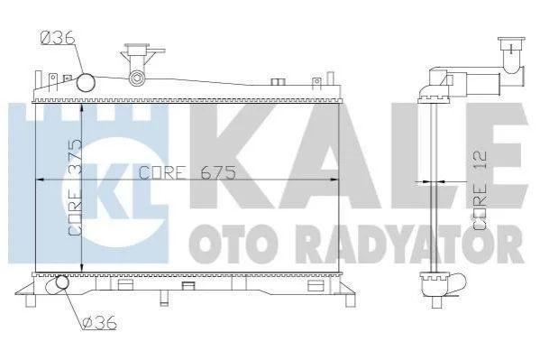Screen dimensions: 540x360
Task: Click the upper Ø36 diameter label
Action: [x=58, y=38]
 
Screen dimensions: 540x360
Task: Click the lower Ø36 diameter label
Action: [x=100, y=323]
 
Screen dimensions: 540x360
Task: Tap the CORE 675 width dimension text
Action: [x=188, y=172]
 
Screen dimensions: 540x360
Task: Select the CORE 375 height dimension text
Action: [x=75, y=188]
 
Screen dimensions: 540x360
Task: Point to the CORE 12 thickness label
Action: [x=480, y=190]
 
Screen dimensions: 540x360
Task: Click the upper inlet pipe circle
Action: [x=86, y=82]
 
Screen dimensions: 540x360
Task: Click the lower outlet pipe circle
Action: [x=62, y=282]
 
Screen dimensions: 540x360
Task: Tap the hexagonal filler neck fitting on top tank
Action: [x=137, y=78]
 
